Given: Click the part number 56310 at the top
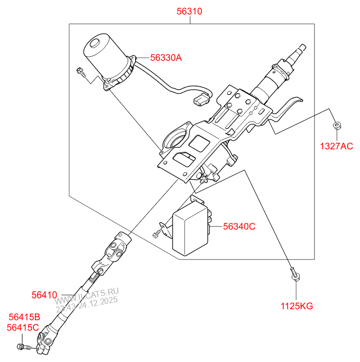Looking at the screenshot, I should click(x=189, y=11).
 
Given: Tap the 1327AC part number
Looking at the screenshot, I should click(x=336, y=146).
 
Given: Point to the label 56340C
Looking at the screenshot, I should click(x=239, y=227).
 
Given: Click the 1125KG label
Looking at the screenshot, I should click(x=296, y=306).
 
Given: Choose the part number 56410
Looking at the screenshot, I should click(x=45, y=295).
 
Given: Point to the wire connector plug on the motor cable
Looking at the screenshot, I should click(x=202, y=100).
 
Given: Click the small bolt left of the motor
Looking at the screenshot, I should click(x=81, y=73).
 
